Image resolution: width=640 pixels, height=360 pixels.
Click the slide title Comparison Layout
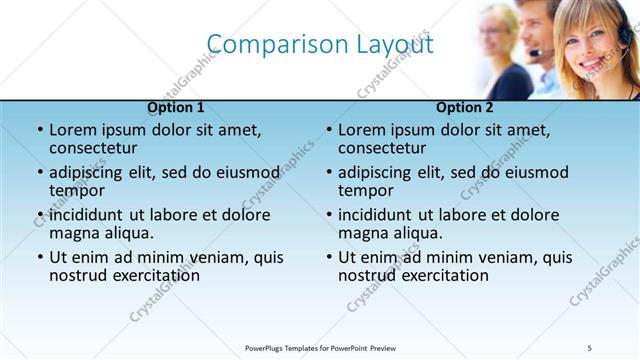click(x=320, y=44)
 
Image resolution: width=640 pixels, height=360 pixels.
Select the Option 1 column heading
click(x=176, y=107)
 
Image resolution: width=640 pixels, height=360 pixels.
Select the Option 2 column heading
click(x=465, y=107)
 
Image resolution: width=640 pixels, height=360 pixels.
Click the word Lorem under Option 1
click(x=73, y=130)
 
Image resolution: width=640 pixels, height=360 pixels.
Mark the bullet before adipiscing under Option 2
click(x=328, y=173)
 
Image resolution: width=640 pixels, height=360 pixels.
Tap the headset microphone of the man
click(x=536, y=52)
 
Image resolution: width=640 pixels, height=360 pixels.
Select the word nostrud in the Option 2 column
click(x=367, y=275)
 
